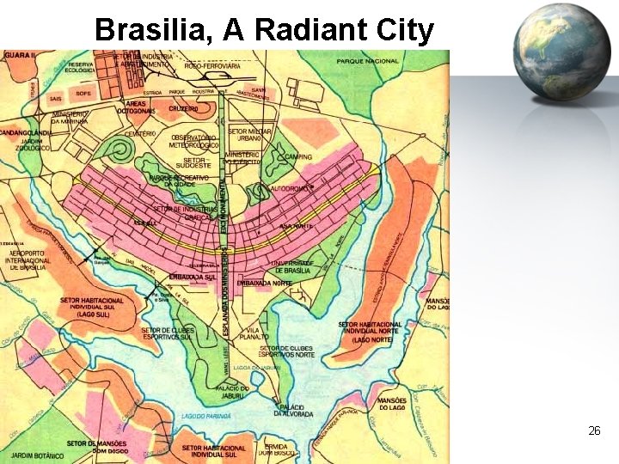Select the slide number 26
pyautogui.click(x=594, y=430)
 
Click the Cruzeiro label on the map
pyautogui.click(x=183, y=109)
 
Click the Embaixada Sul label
pyautogui.click(x=192, y=278)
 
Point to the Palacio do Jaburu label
pyautogui.click(x=232, y=392)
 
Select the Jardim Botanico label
pyautogui.click(x=34, y=455)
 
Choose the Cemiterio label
pyautogui.click(x=139, y=134)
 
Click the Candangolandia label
pyautogui.click(x=27, y=133)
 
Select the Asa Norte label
pyautogui.click(x=296, y=226)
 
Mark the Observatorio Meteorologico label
pyautogui.click(x=193, y=141)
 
